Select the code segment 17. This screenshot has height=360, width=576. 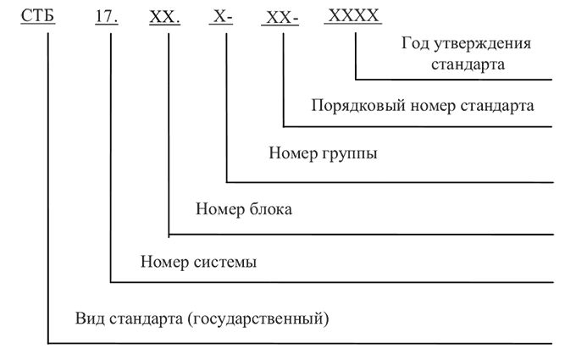point(108,16)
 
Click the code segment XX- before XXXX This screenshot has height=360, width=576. point(279,16)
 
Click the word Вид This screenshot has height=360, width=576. point(88,318)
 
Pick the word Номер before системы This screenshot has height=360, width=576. point(164,262)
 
